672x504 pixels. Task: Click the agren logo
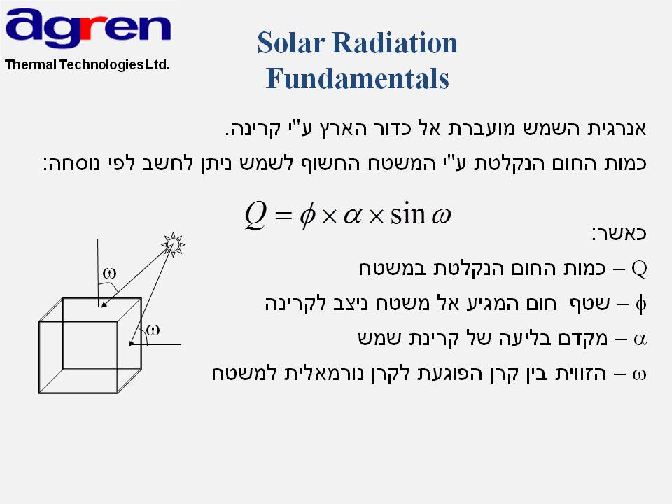tap(88, 28)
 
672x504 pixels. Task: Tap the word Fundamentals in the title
tap(358, 78)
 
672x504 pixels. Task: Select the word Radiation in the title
tap(395, 43)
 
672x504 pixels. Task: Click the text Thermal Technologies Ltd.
tap(87, 64)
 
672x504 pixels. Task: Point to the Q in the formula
tap(256, 215)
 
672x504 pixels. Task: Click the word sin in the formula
tap(407, 213)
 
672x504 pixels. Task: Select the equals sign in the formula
tap(283, 216)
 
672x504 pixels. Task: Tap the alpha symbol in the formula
tap(352, 216)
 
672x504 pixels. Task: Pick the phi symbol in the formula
tap(308, 216)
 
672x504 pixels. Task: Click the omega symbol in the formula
tap(441, 216)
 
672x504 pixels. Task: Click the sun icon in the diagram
tap(173, 245)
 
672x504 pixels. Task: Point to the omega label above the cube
tap(109, 273)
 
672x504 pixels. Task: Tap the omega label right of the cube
tap(153, 330)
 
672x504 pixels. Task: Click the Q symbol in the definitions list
tap(639, 269)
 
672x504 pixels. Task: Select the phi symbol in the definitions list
tap(641, 304)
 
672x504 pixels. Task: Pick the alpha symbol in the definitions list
tap(640, 339)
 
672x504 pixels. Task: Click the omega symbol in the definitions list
tap(639, 374)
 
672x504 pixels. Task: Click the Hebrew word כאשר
tap(619, 234)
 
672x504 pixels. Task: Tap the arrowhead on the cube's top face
tap(104, 304)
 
